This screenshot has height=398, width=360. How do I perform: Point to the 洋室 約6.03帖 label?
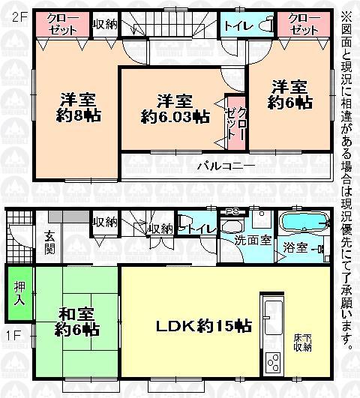point(174,109)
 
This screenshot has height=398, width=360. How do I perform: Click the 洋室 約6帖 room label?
point(290,94)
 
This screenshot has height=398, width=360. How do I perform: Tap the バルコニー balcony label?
point(225,166)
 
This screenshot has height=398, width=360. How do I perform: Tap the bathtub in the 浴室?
point(303,224)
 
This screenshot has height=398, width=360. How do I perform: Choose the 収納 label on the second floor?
point(104,23)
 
